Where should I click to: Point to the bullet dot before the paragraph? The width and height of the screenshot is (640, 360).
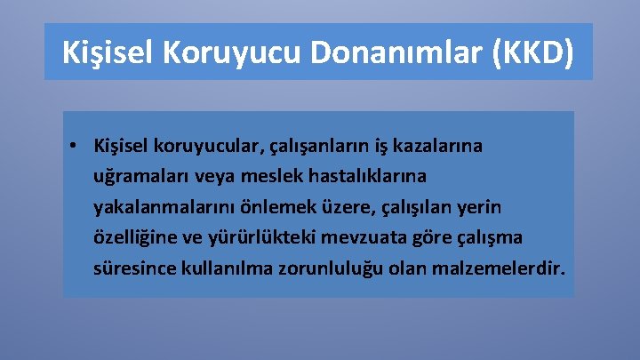pyautogui.click(x=79, y=145)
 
